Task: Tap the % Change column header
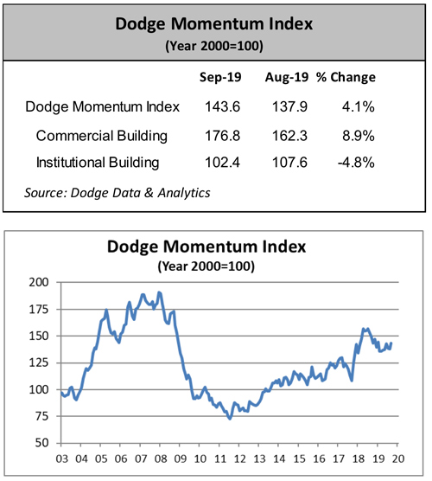click(x=346, y=78)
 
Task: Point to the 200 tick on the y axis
click(x=38, y=282)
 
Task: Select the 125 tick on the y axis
click(x=38, y=362)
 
